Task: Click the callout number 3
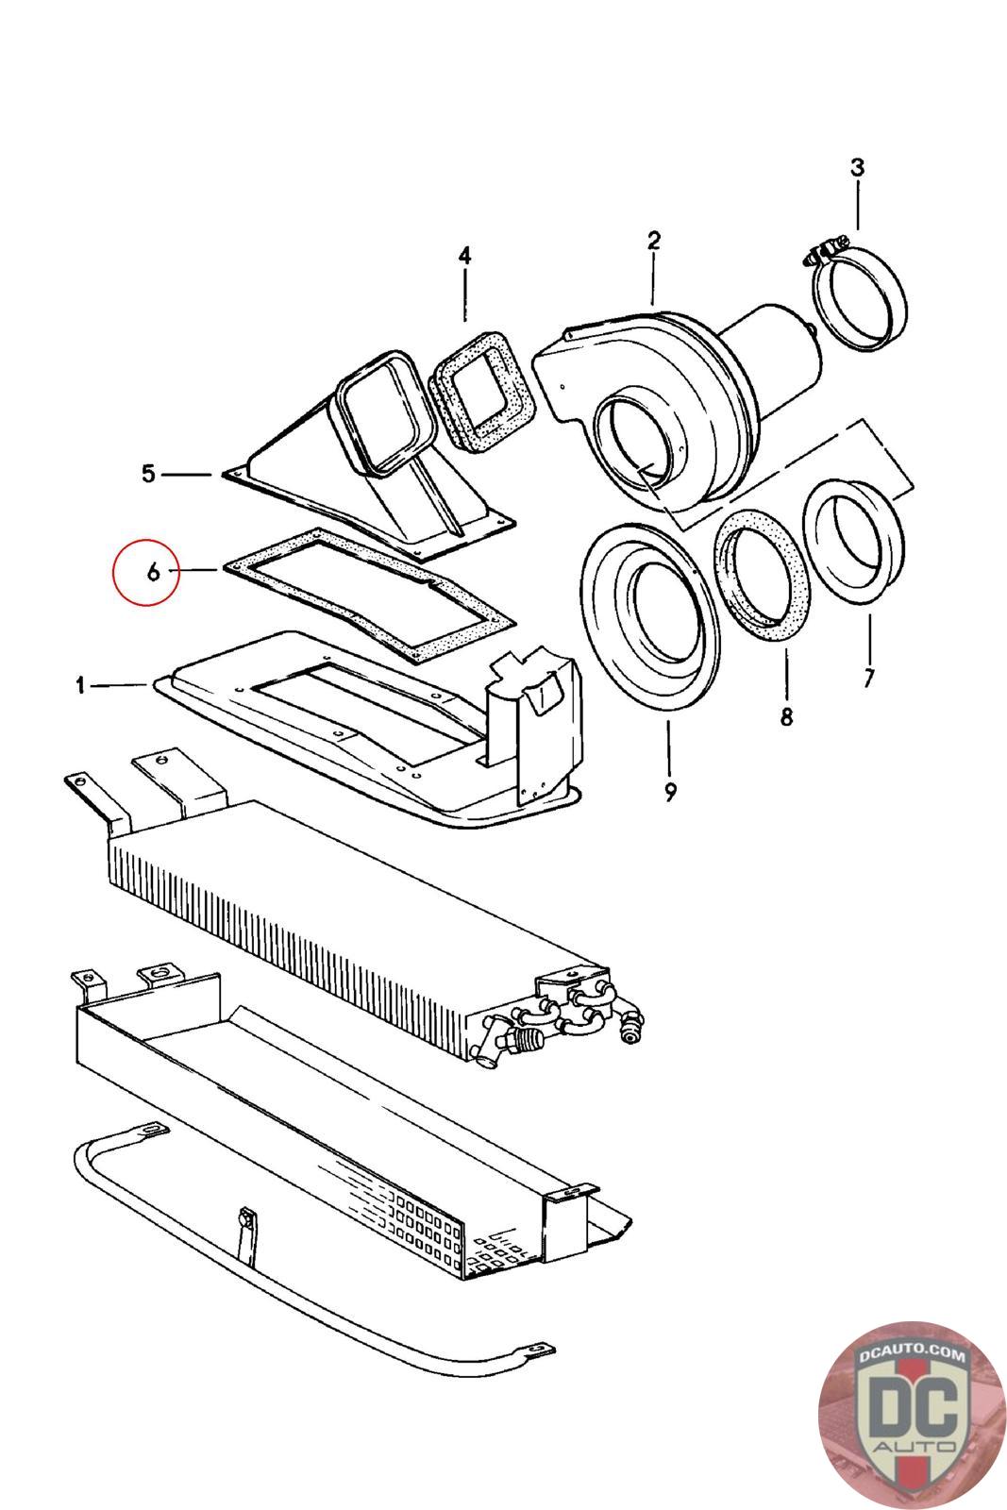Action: click(856, 168)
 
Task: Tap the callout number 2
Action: click(653, 241)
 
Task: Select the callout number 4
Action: click(464, 256)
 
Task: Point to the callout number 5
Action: click(148, 473)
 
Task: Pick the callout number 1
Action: click(82, 686)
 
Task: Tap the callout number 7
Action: click(868, 677)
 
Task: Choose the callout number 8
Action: click(786, 716)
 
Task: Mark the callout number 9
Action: click(669, 792)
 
